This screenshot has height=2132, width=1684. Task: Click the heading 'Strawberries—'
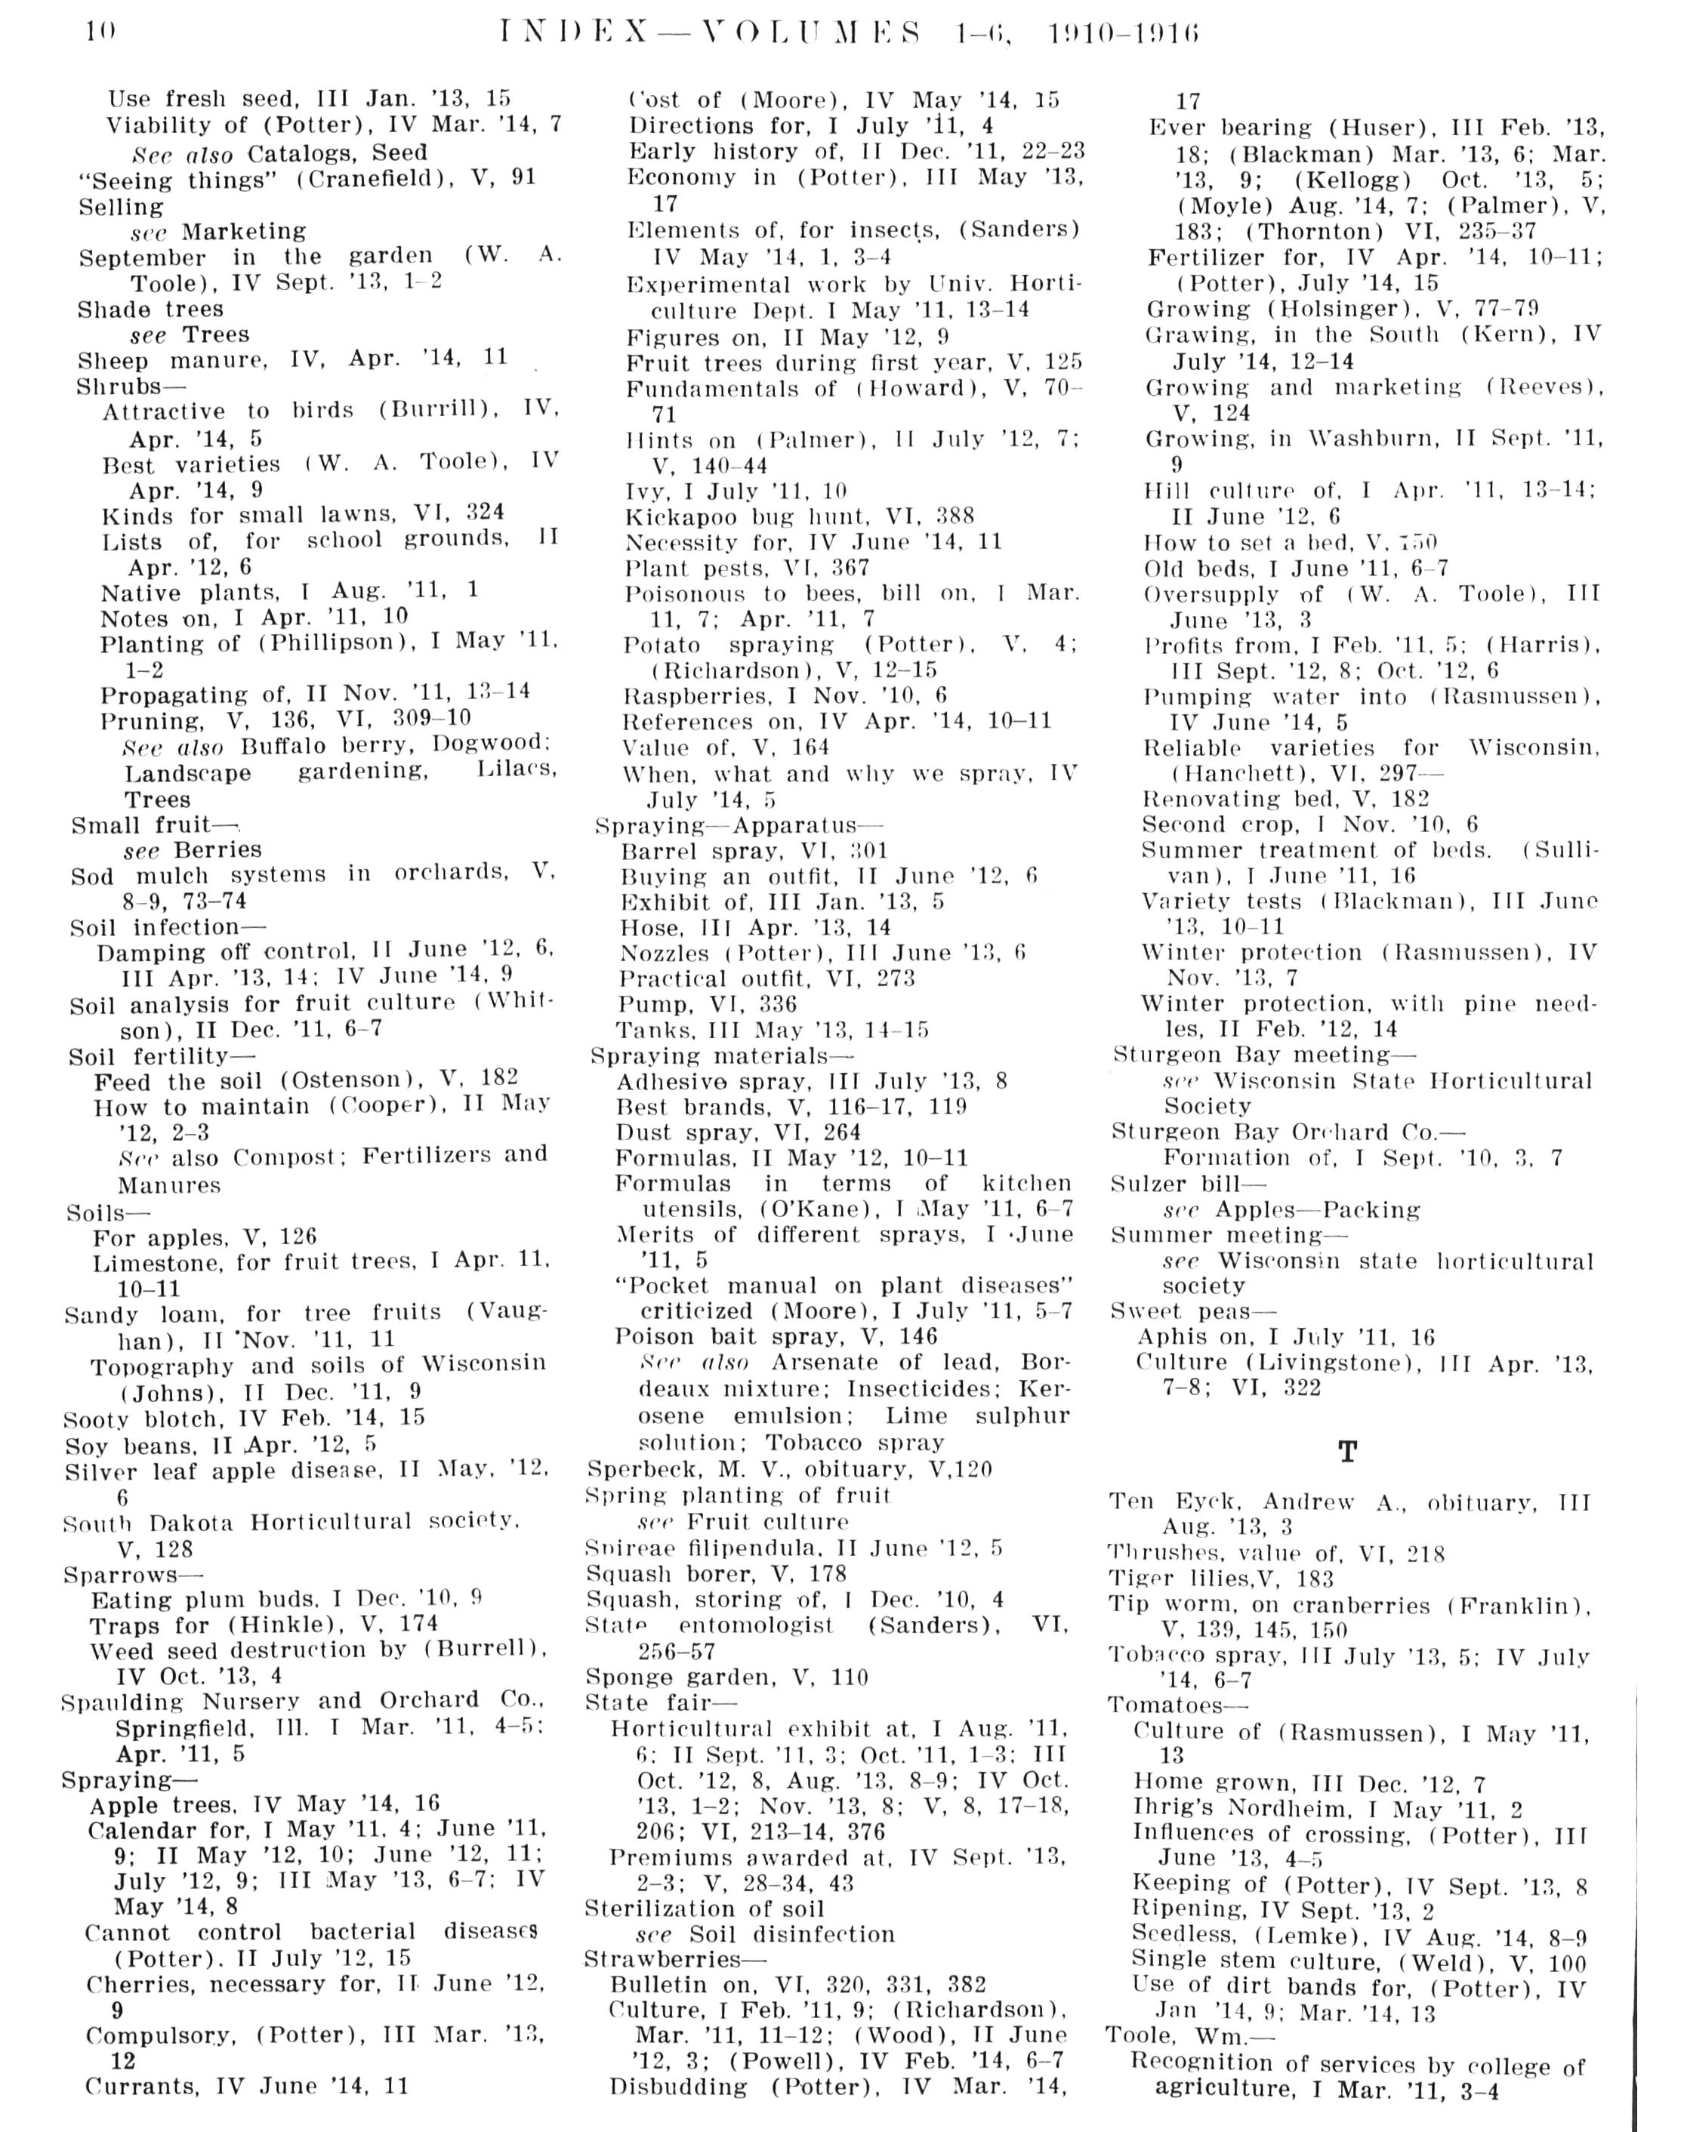pos(674,1958)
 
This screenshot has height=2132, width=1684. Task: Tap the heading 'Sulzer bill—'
pos(1187,1184)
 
